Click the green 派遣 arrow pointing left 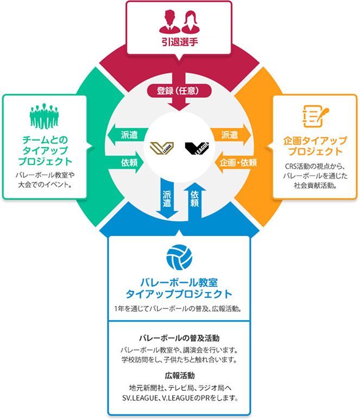coord(125,133)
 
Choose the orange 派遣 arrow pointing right coord(233,133)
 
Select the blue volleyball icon coord(179,257)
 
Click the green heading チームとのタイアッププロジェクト coord(44,150)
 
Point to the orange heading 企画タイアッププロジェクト coord(315,145)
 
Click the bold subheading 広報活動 coord(179,375)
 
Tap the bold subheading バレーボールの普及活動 coord(179,337)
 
